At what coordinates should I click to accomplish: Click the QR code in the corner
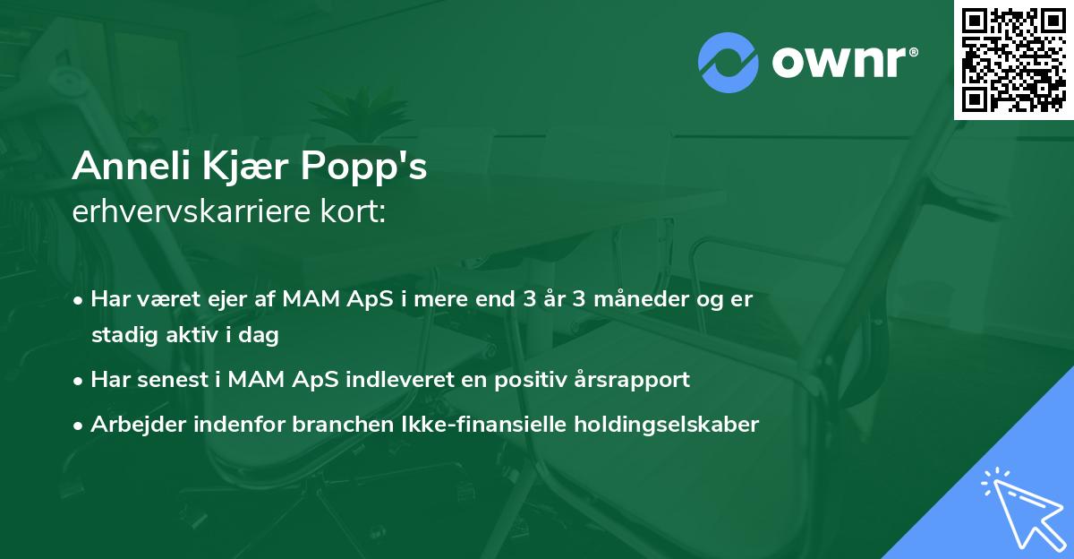(x=1013, y=60)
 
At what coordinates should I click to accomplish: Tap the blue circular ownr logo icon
(x=729, y=62)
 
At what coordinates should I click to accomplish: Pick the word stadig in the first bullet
(x=122, y=336)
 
